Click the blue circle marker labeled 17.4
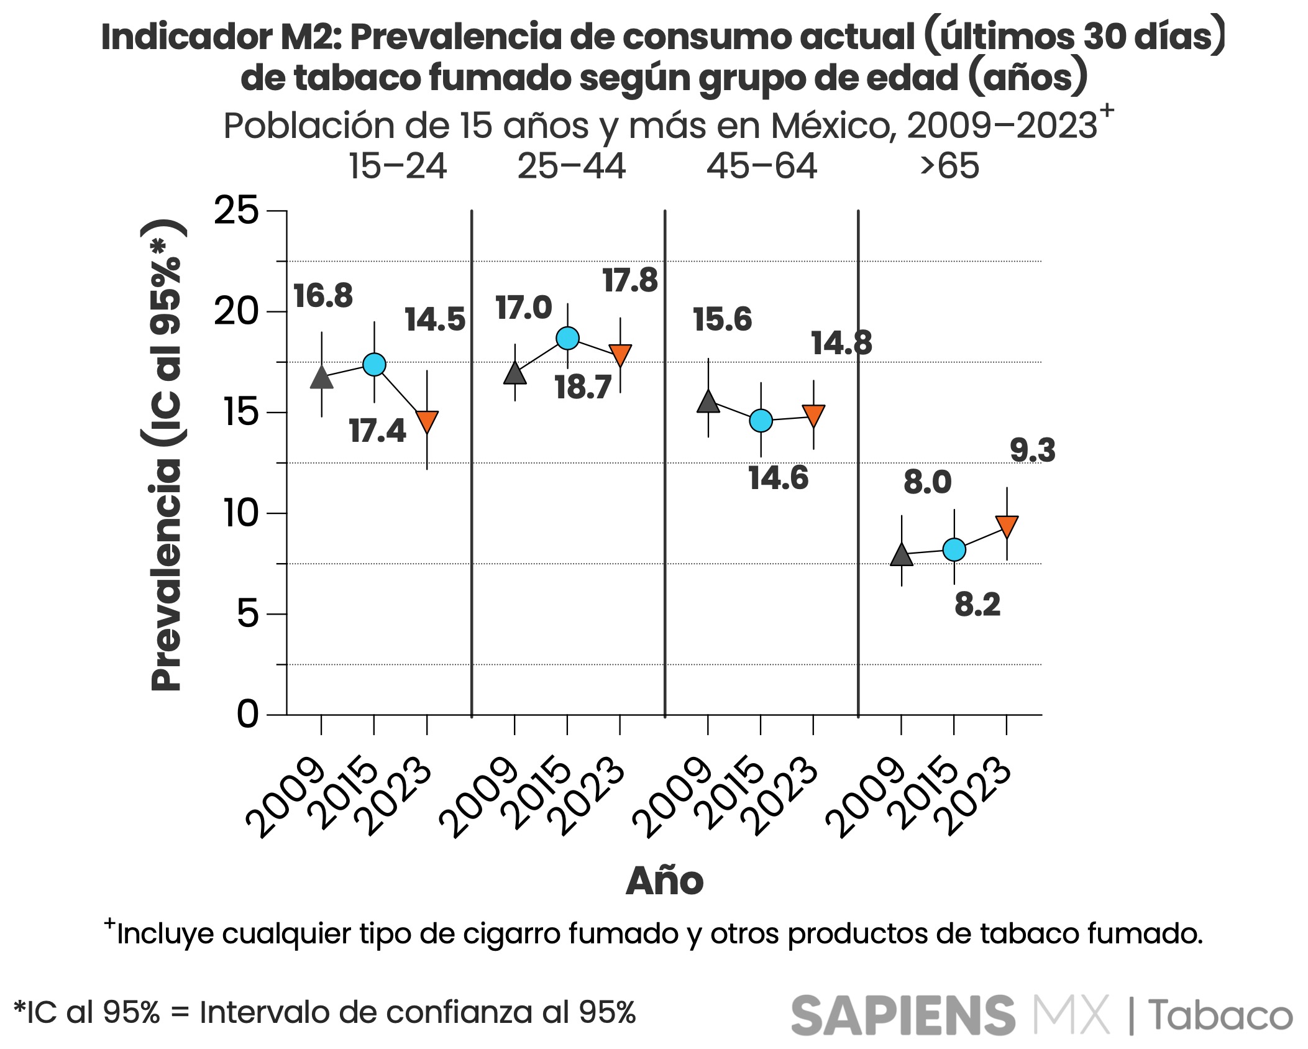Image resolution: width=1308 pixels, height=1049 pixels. (x=374, y=364)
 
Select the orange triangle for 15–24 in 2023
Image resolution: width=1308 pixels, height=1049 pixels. (x=427, y=421)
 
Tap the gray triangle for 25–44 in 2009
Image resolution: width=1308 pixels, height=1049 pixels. (x=515, y=374)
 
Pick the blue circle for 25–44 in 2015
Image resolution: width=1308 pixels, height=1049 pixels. (x=567, y=338)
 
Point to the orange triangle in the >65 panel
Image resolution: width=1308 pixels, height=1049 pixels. (x=1007, y=526)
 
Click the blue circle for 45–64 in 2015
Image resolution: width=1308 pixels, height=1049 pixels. (x=761, y=421)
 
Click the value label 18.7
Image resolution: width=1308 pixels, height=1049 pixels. (x=583, y=387)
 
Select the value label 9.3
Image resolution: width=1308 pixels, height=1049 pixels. (x=1032, y=450)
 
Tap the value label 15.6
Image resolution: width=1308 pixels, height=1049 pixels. (x=722, y=319)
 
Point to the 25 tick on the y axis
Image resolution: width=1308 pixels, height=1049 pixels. (x=236, y=211)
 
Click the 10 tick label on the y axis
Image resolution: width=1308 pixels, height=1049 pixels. (x=240, y=513)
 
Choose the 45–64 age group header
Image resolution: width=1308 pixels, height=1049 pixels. (x=761, y=167)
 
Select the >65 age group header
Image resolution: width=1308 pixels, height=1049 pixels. (x=949, y=167)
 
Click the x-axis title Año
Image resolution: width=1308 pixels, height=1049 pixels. (x=664, y=881)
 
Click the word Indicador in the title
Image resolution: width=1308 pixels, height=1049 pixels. (x=186, y=37)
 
